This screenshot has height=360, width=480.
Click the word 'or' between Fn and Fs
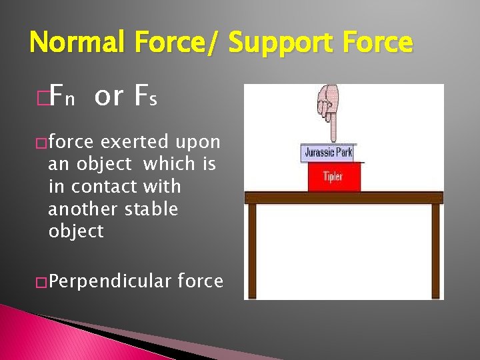coord(109,97)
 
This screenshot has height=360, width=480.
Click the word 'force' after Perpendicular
coord(200,281)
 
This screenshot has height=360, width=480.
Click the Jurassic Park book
coord(327,153)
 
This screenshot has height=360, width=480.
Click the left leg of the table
coord(252,250)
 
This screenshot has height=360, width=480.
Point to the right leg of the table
coord(435,250)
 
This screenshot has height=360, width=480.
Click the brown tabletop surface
coord(343,197)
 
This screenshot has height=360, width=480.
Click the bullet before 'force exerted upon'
coord(41,143)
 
